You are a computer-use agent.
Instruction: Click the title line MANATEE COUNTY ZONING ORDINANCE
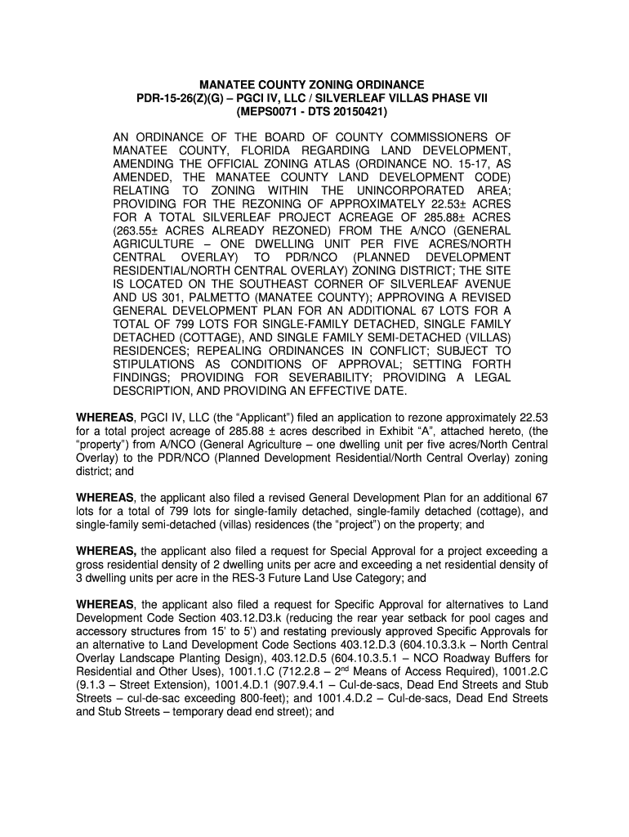tap(314, 84)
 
